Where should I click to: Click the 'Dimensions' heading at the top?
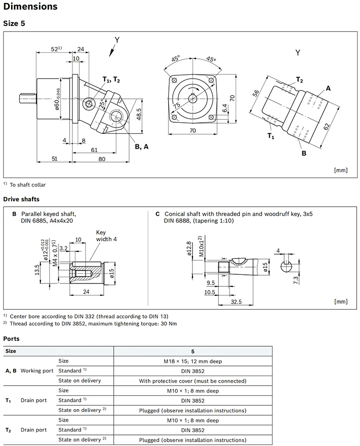click(30, 7)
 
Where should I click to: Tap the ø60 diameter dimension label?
click(57, 100)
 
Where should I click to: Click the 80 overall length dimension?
click(102, 159)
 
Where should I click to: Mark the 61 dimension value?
click(94, 150)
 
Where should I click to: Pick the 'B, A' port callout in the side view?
click(141, 147)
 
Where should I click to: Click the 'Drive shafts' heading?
click(21, 199)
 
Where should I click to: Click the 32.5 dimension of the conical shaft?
click(236, 302)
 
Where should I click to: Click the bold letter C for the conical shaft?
click(157, 214)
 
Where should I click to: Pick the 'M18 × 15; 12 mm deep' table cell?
click(192, 361)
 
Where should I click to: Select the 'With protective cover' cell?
click(192, 381)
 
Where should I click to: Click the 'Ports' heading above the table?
click(12, 339)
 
